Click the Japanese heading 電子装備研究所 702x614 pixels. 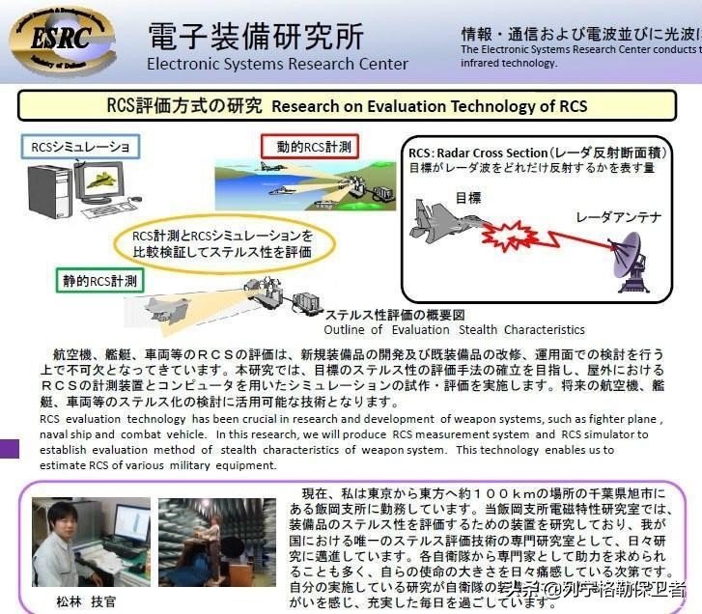[x=256, y=36]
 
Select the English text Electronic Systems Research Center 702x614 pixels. [x=277, y=64]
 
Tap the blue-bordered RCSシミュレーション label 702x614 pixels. [x=80, y=147]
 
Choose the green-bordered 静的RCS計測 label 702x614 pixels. [x=100, y=282]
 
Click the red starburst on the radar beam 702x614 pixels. [x=506, y=233]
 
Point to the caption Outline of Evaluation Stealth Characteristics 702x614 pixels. [x=454, y=329]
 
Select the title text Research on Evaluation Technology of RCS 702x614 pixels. [x=429, y=104]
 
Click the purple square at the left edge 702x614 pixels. [x=8, y=448]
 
